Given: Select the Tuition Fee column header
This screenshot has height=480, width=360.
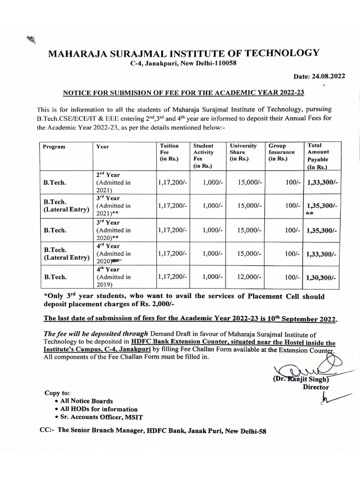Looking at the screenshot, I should (169, 152).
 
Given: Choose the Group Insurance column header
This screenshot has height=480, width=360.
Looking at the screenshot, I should (282, 152).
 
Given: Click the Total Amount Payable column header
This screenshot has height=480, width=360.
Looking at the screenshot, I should (318, 156).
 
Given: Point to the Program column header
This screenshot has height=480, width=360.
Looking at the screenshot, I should (54, 147).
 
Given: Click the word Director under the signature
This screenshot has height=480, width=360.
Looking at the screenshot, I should (316, 387).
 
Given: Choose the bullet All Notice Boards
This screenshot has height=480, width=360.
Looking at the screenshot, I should (87, 401).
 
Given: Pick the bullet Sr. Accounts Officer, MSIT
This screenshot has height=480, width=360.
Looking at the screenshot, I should (101, 417).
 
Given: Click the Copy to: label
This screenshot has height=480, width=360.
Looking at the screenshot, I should (57, 393).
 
